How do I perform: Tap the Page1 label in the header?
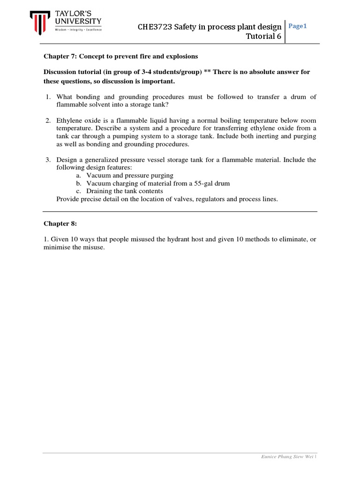click(x=298, y=26)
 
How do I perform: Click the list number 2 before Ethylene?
click(x=48, y=120)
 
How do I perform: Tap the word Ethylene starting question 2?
click(x=69, y=120)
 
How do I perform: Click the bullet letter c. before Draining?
click(x=78, y=191)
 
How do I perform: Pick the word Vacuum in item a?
click(x=97, y=175)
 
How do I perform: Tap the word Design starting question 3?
click(x=67, y=160)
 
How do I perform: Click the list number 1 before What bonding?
click(x=48, y=97)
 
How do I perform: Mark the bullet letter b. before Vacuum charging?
click(x=78, y=183)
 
